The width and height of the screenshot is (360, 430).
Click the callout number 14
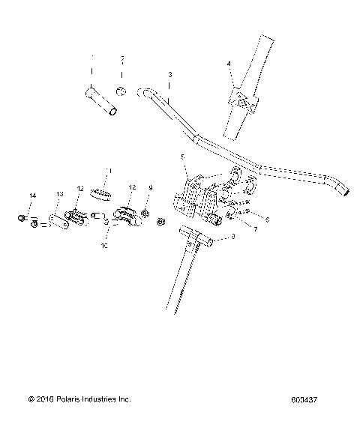pos(31,196)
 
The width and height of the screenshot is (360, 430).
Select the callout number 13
pos(60,194)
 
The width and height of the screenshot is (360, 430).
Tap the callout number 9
pos(150,187)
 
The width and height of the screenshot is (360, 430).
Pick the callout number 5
pos(181,156)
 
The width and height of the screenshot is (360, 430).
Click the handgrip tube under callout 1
pos(101,102)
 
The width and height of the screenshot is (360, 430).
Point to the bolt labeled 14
pos(22,219)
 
